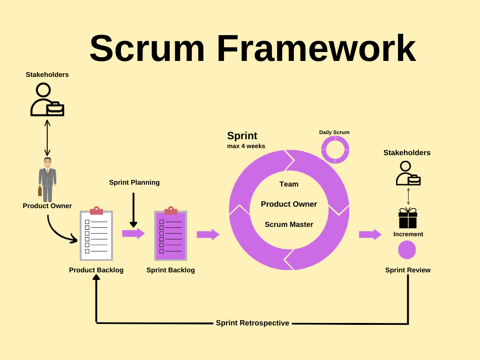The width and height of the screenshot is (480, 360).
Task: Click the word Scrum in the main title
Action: pyautogui.click(x=147, y=48)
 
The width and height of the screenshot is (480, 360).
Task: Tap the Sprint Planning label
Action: pyautogui.click(x=134, y=182)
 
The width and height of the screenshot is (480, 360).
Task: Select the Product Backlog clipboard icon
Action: pyautogui.click(x=96, y=234)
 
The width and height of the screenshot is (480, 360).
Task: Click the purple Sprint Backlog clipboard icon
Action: pyautogui.click(x=171, y=234)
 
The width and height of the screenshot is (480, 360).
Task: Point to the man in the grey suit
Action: pyautogui.click(x=47, y=180)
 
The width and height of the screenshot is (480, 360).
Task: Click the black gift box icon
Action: pyautogui.click(x=408, y=218)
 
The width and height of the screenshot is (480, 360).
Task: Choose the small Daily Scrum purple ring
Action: pyautogui.click(x=335, y=150)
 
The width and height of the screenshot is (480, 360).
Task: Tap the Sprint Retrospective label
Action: pyautogui.click(x=252, y=323)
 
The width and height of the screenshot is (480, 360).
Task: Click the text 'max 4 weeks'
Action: pyautogui.click(x=246, y=146)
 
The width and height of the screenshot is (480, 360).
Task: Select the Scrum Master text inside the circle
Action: pyautogui.click(x=289, y=225)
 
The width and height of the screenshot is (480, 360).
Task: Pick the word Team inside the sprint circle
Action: pyautogui.click(x=289, y=184)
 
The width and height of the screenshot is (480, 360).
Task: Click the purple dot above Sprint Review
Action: pyautogui.click(x=407, y=250)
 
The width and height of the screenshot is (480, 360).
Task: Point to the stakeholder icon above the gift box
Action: pyautogui.click(x=407, y=173)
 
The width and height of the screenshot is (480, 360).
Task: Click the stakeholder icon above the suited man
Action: pyautogui.click(x=46, y=99)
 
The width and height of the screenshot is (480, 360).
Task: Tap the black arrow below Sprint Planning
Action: pyautogui.click(x=134, y=210)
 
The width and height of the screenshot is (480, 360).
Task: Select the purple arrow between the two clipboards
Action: pyautogui.click(x=133, y=233)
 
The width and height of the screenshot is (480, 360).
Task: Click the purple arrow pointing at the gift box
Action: pyautogui.click(x=370, y=234)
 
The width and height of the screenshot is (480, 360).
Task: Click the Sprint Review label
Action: pyautogui.click(x=408, y=270)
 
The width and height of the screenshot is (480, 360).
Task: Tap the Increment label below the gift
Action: pyautogui.click(x=408, y=234)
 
